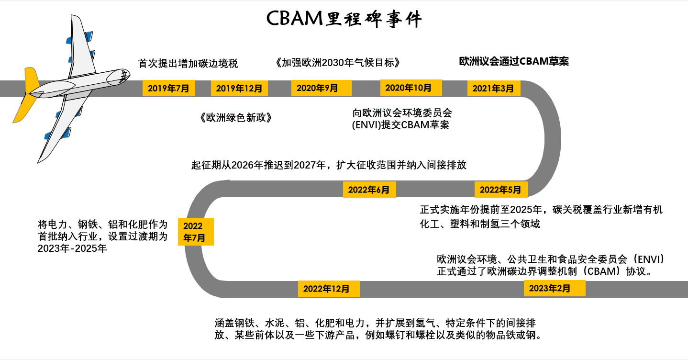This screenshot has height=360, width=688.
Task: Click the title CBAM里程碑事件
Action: click(344, 19)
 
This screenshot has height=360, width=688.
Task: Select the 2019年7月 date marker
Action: click(168, 88)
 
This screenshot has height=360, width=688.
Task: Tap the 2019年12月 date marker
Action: click(239, 88)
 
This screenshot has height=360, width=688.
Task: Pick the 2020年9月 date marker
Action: click(321, 88)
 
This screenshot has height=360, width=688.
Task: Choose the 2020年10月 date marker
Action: click(408, 88)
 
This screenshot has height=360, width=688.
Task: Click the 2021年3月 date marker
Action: click(493, 88)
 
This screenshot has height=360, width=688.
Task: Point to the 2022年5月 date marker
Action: click(500, 190)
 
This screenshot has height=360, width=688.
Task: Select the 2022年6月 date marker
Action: click(369, 190)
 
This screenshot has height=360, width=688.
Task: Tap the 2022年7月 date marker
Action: click(196, 232)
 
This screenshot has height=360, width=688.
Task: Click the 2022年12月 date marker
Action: click(329, 288)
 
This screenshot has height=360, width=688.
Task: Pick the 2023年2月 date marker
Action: click(554, 288)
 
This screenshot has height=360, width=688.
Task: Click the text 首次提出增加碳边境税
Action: click(188, 63)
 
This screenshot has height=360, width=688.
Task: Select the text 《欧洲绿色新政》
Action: click(237, 118)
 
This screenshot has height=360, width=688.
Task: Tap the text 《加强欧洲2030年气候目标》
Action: click(337, 63)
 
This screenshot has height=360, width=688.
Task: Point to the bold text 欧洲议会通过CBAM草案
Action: click(514, 61)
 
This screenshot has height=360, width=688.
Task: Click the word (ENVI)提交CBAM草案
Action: click(400, 125)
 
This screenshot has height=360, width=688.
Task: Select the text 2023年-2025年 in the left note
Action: click(72, 248)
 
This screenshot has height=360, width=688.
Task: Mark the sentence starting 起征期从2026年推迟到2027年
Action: click(329, 165)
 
